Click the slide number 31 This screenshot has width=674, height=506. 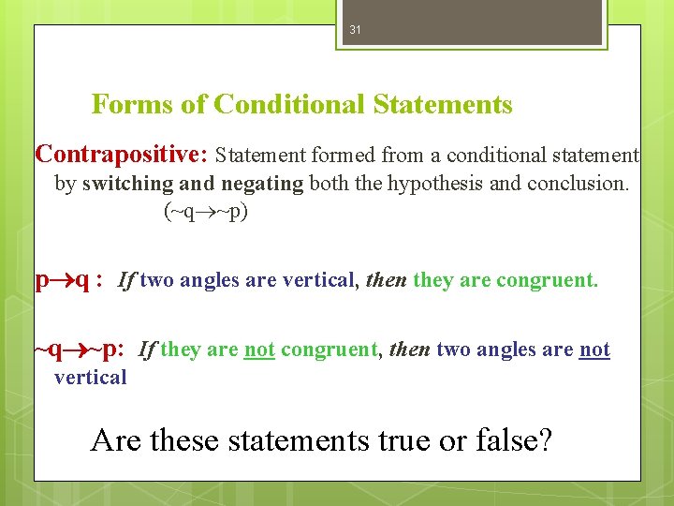tap(355, 30)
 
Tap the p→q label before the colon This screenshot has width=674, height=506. tap(62, 279)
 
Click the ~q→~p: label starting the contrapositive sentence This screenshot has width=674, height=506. tap(80, 350)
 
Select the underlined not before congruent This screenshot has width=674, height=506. tap(259, 350)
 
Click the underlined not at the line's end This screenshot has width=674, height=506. tap(594, 350)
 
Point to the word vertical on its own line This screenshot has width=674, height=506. tap(90, 378)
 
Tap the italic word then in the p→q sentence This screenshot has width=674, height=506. tap(386, 280)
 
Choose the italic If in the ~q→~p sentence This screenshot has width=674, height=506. tap(147, 350)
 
